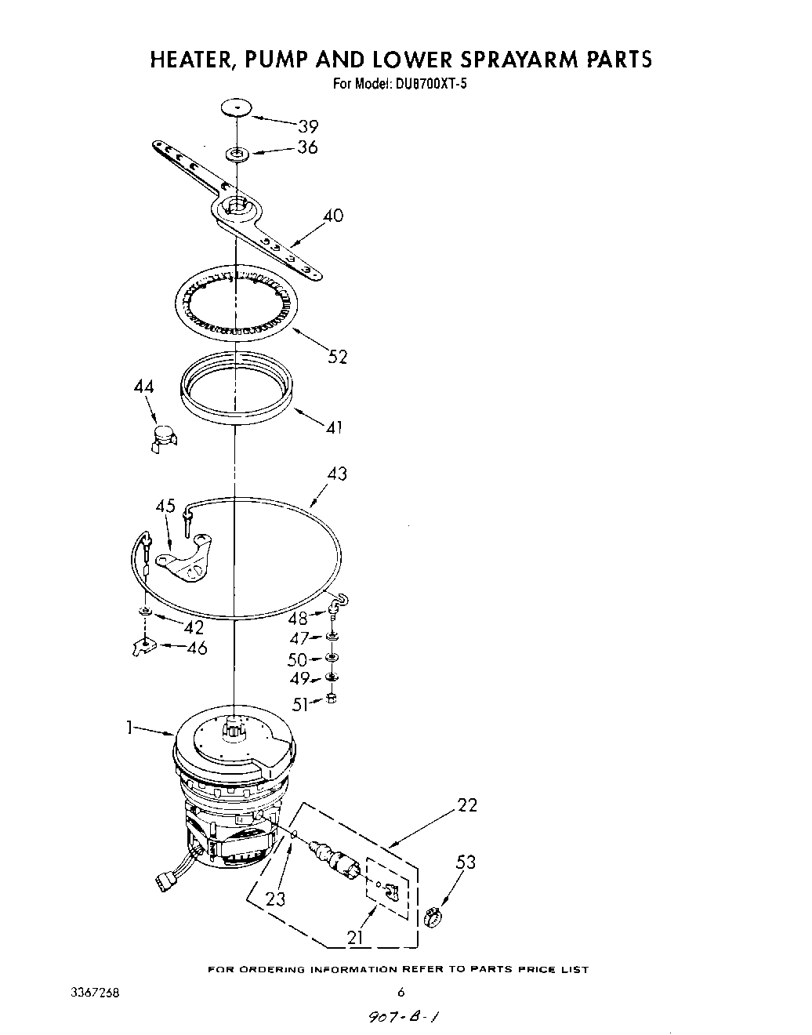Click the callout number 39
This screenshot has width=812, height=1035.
point(307,126)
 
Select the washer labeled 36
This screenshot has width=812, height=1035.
point(236,153)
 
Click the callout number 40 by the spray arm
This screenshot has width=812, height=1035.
point(333,216)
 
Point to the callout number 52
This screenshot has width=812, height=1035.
point(337,357)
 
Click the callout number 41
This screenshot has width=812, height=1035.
point(335,428)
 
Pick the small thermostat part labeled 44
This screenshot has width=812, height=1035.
point(162,437)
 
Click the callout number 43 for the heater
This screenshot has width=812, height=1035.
point(337,474)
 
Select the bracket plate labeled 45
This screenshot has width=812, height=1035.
point(185,561)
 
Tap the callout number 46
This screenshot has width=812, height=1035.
point(197,648)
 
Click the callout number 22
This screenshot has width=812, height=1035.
point(467,805)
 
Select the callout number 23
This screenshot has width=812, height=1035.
point(276,899)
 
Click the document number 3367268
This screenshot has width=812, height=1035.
point(95,992)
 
